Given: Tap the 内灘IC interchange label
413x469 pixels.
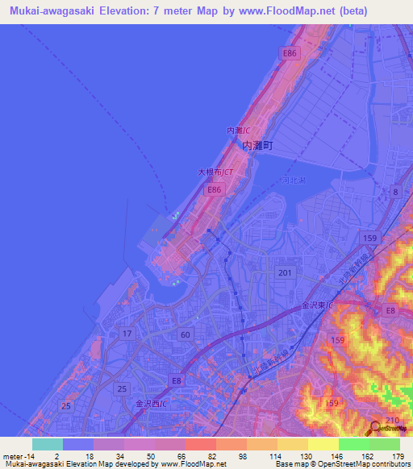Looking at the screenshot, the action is click(237, 130).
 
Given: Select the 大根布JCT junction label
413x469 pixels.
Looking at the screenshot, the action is click(215, 172).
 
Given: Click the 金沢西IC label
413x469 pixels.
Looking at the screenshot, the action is click(152, 403).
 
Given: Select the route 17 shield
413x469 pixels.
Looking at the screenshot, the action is click(127, 333).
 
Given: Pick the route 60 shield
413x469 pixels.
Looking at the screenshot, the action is click(186, 334).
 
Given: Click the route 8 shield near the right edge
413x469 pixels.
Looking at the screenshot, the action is click(395, 191).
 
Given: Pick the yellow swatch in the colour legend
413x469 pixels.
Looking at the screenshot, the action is click(323, 443).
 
